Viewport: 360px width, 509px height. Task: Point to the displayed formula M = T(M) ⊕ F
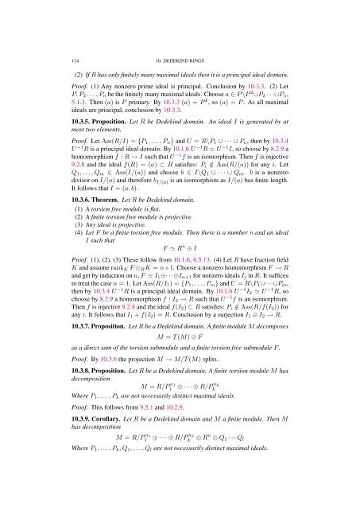pyautogui.click(x=179, y=359)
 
